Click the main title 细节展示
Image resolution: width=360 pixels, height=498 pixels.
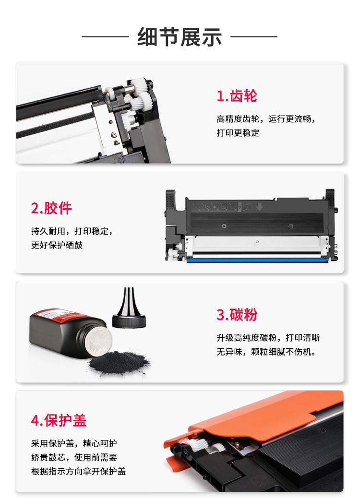(x=180, y=37)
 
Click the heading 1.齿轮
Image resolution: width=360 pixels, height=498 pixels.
(x=237, y=95)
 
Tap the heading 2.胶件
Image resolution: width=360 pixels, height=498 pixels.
(x=51, y=208)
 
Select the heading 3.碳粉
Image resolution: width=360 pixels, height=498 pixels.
(x=237, y=314)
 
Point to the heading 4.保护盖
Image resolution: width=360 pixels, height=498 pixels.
(x=59, y=420)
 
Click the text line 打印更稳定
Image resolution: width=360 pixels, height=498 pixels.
(x=238, y=133)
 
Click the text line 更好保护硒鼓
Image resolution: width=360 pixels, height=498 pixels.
(x=57, y=245)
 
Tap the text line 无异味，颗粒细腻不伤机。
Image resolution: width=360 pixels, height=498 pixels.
(x=266, y=352)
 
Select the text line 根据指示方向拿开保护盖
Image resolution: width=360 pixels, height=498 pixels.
(x=79, y=471)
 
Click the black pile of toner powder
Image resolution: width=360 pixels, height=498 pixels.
(x=119, y=362)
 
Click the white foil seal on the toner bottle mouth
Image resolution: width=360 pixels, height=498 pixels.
(x=99, y=342)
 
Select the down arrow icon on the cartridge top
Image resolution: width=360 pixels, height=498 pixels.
(x=259, y=207)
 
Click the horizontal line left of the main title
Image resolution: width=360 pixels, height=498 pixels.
(x=105, y=36)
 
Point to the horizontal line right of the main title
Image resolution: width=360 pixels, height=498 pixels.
(x=254, y=36)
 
